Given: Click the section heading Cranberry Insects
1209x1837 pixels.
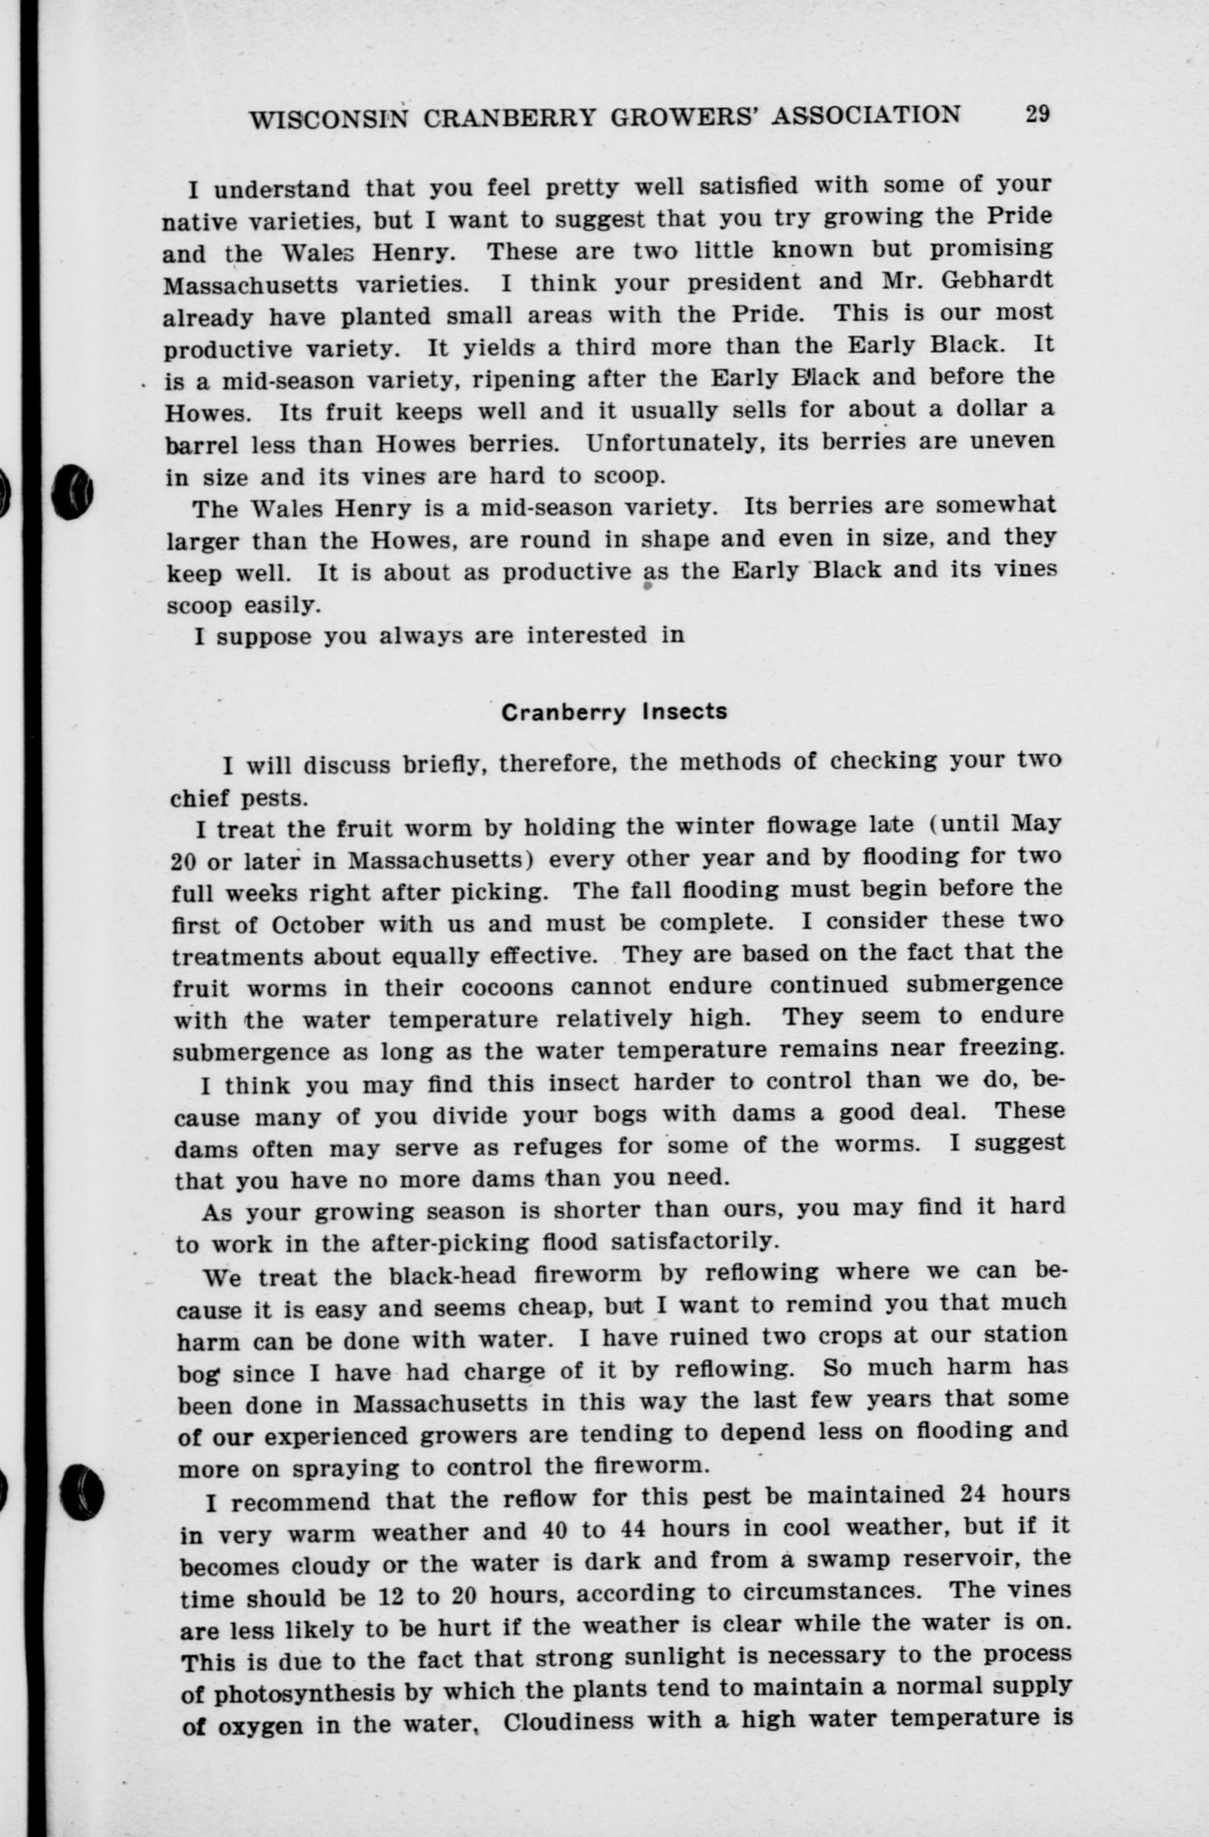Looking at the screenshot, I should point(614,712).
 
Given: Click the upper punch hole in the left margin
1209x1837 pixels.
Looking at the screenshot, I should point(73,492).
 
